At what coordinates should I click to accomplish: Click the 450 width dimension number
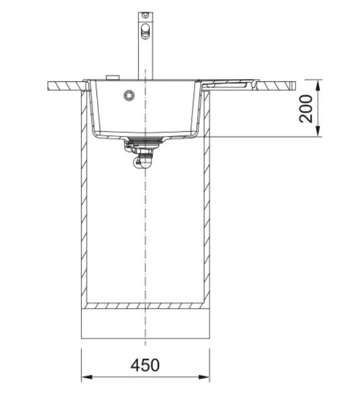[x=145, y=365]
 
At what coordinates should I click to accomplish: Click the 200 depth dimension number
[x=306, y=108]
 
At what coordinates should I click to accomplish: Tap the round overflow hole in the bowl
[x=129, y=95]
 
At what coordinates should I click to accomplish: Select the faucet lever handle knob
[x=145, y=31]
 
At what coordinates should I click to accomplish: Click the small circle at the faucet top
[x=145, y=15]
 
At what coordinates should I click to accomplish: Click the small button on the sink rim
[x=113, y=77]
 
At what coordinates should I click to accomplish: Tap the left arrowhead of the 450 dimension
[x=87, y=377]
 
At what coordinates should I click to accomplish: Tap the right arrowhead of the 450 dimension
[x=204, y=377]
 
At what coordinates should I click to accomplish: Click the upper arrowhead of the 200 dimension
[x=318, y=86]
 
